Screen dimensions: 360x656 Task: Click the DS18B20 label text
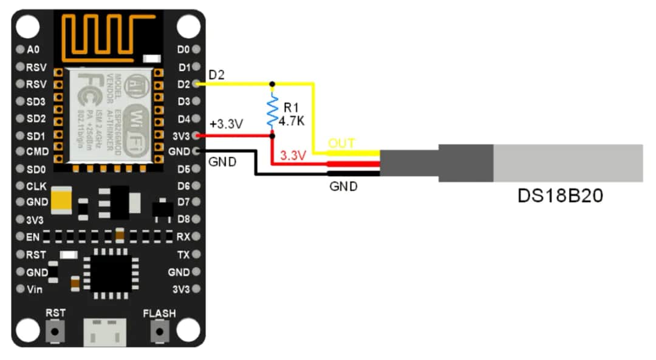pyautogui.click(x=559, y=196)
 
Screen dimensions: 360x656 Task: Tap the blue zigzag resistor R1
pyautogui.click(x=273, y=110)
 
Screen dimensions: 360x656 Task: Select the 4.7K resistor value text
pyautogui.click(x=292, y=121)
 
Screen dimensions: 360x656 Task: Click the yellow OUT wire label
pyautogui.click(x=342, y=144)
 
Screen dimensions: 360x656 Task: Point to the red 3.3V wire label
pyautogui.click(x=292, y=156)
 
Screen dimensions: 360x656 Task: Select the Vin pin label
pyautogui.click(x=35, y=289)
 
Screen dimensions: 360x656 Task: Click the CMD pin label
pyautogui.click(x=36, y=152)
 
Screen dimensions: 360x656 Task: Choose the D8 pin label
pyautogui.click(x=184, y=219)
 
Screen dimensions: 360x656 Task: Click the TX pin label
pyautogui.click(x=183, y=254)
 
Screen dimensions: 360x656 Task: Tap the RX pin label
pyautogui.click(x=183, y=236)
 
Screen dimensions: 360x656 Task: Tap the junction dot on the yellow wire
pyautogui.click(x=273, y=84)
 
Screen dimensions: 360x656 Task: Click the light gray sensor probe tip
pyautogui.click(x=568, y=163)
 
